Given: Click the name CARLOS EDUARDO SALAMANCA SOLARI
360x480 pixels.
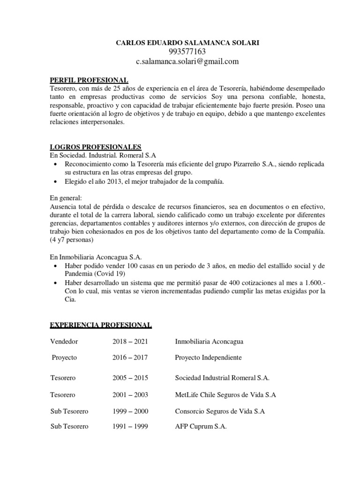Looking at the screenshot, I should coord(187,43).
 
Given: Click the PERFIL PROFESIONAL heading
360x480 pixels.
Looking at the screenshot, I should coord(89,80).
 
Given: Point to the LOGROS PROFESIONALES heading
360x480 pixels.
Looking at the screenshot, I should coord(96,147).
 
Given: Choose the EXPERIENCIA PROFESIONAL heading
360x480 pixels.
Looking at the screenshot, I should coord(101,324).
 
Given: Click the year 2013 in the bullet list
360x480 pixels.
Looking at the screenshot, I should coord(108,182).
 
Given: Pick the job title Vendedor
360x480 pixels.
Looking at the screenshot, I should coord(64,341).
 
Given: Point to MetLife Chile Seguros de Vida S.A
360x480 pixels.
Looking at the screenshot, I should coord(225,395).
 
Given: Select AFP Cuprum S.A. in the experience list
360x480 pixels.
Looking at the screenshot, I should coord(201,427).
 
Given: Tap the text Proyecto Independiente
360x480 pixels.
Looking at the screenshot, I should coord(208,358).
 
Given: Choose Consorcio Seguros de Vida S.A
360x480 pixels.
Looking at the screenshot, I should coord(220,411).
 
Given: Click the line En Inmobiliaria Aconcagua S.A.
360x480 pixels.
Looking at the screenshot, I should coord(96,257).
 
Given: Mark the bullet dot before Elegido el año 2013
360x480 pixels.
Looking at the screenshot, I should coord(57,182).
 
